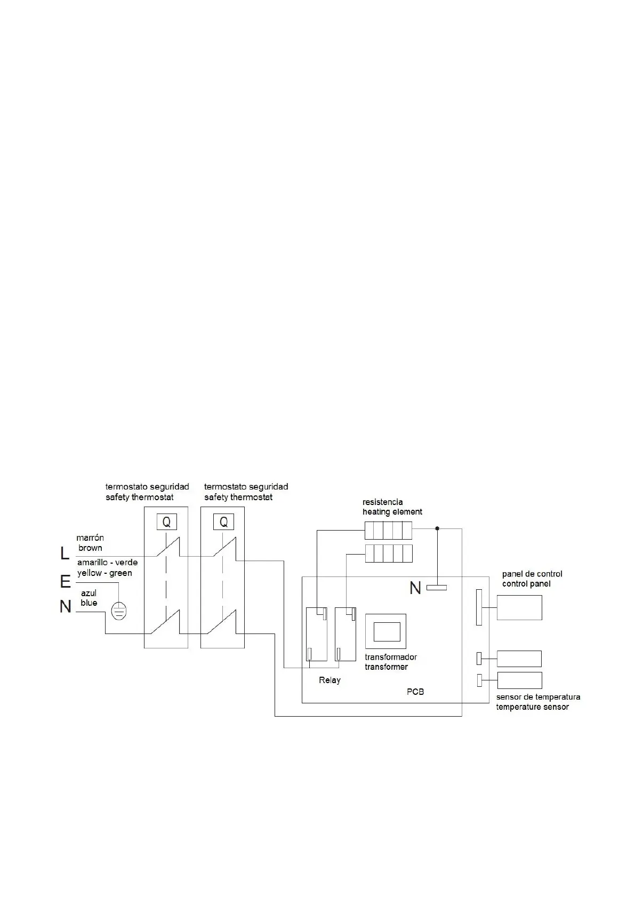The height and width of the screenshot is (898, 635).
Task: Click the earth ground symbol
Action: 119,611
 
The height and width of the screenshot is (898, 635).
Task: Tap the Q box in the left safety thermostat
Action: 166,522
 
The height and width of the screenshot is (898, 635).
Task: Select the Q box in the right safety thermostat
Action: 223,522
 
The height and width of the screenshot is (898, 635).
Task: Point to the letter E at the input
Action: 65,582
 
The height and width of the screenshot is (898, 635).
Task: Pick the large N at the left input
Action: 65,607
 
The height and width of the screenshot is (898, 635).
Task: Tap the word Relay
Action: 329,680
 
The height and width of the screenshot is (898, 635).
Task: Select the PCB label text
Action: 415,692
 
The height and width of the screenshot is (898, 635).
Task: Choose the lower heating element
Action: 389,554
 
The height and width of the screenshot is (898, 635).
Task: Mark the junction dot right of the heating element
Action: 438,528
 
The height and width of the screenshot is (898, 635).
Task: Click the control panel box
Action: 519,607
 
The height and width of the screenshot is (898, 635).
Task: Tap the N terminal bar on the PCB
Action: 437,588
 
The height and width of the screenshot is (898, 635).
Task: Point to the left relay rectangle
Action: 316,634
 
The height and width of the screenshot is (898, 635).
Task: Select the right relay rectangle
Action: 345,634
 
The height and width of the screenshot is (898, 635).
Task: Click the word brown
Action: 90,548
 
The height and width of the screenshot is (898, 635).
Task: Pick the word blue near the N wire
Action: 89,603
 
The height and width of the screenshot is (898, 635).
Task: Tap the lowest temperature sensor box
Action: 519,680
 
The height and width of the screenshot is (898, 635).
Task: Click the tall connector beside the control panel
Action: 479,607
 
